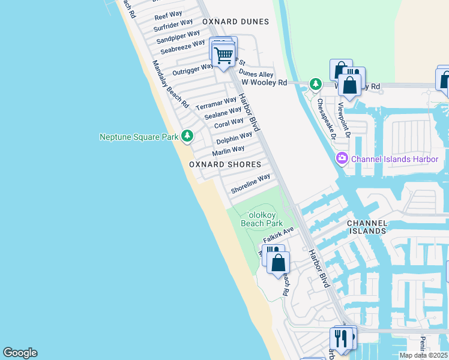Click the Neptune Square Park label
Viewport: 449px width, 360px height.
click(138, 137)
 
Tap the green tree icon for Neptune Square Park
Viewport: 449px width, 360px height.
click(188, 136)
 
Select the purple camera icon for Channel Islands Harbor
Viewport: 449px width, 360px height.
click(342, 158)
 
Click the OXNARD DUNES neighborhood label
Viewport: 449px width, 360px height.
click(232, 21)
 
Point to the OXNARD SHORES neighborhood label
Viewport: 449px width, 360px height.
click(225, 164)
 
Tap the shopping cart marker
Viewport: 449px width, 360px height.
click(224, 56)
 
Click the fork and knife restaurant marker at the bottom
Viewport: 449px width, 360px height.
click(341, 338)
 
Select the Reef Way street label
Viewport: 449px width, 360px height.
click(168, 16)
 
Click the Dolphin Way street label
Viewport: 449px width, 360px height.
click(235, 137)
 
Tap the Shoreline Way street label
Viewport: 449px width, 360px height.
click(250, 184)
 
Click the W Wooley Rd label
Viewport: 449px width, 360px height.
click(264, 83)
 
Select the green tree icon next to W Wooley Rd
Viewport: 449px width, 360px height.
click(315, 83)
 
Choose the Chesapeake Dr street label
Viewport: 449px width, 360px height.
click(328, 118)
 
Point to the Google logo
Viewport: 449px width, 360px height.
click(20, 353)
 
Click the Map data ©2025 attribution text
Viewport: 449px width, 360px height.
click(423, 355)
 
